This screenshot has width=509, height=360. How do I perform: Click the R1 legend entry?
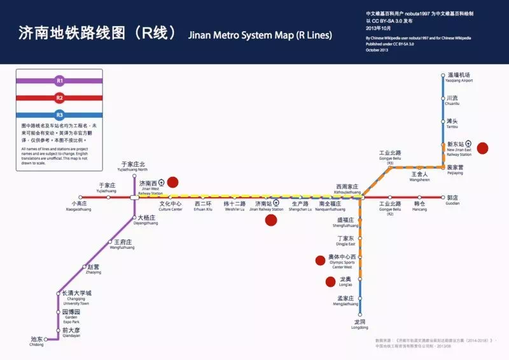(x=60, y=81)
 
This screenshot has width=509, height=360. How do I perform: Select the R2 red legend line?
(x=60, y=98)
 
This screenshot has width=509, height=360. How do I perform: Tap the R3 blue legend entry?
(x=60, y=115)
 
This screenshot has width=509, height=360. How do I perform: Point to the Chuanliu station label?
(x=453, y=100)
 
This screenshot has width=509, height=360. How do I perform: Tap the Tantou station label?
(x=452, y=123)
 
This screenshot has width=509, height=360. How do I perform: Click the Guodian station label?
(x=452, y=200)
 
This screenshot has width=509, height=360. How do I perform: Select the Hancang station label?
(x=420, y=206)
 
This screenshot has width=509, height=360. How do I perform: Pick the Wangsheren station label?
(x=419, y=176)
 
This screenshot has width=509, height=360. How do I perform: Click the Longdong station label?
(x=359, y=324)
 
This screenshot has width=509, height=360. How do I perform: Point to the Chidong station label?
(x=36, y=342)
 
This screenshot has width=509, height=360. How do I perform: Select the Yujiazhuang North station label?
(x=134, y=167)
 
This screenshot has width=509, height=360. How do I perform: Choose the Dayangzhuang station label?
(x=147, y=220)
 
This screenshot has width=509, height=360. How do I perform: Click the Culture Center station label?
(x=170, y=206)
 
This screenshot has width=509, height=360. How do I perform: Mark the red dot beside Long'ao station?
(x=330, y=282)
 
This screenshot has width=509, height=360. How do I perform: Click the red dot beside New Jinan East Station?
(x=482, y=148)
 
